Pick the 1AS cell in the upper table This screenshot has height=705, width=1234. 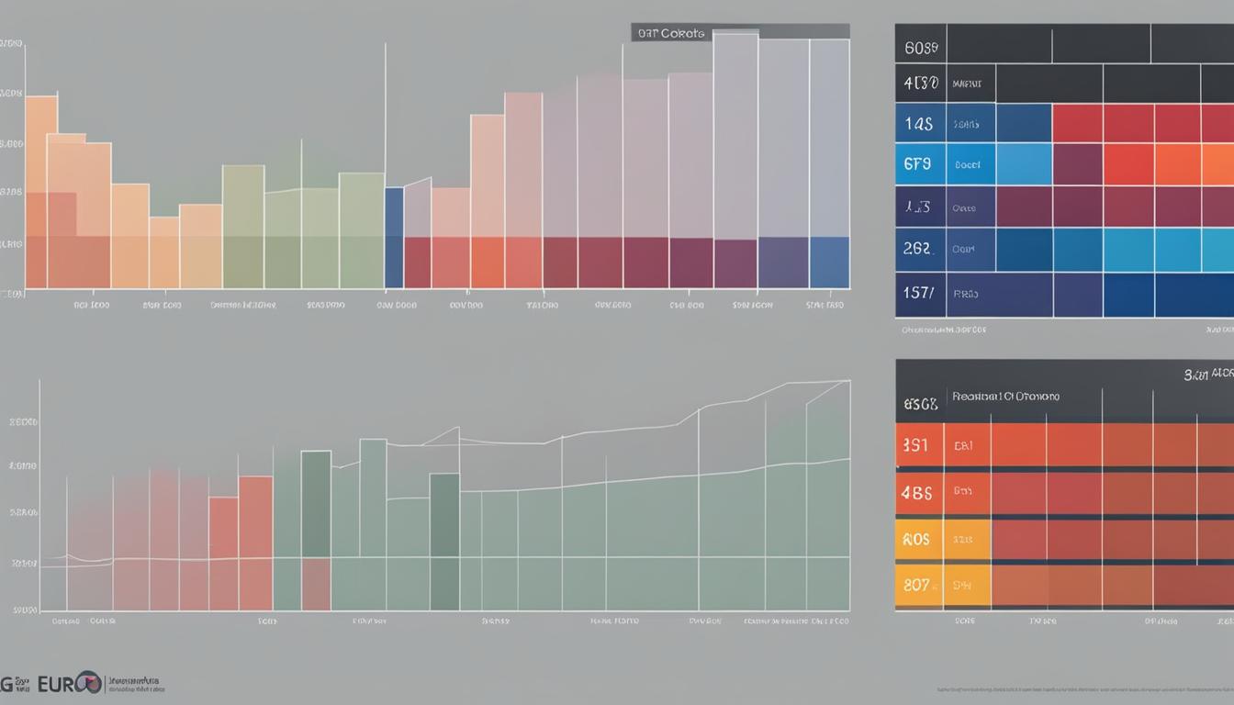(x=919, y=123)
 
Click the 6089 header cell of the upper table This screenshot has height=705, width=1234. (x=920, y=44)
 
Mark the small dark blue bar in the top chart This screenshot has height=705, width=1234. (x=394, y=237)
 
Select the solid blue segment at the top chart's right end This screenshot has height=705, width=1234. (x=829, y=263)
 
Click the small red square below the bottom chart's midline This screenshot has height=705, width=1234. (x=316, y=584)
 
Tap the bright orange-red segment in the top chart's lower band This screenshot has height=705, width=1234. (x=488, y=263)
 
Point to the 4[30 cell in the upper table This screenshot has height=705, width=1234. (x=920, y=83)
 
